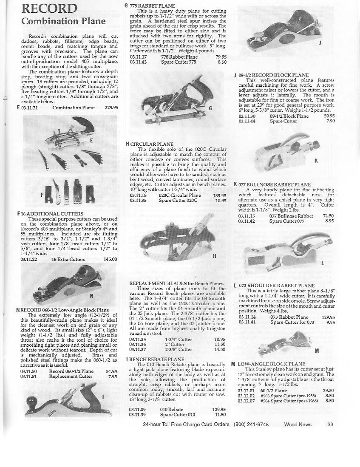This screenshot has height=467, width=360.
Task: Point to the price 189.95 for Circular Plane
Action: coord(219,195)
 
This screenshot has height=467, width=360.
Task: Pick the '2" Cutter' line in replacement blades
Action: coord(175,344)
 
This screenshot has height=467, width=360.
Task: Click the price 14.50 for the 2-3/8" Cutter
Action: coord(220,349)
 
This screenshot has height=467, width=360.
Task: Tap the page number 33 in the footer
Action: coord(331,424)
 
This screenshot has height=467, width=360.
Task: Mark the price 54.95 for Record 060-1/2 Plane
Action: coord(111,371)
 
